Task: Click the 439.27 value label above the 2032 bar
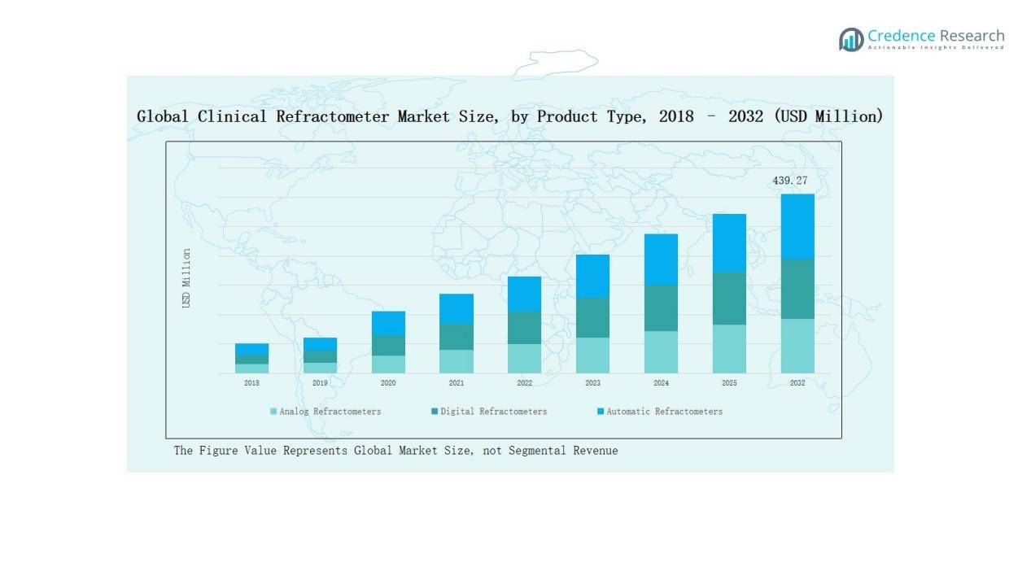click(789, 181)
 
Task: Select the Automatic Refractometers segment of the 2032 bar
click(797, 226)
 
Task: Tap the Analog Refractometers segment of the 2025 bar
click(729, 349)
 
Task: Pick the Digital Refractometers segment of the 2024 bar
click(661, 307)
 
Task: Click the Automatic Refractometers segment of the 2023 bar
click(592, 276)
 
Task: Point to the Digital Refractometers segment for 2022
click(524, 327)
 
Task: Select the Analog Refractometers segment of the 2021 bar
click(457, 361)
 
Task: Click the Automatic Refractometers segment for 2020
click(388, 323)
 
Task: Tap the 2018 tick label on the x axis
click(252, 383)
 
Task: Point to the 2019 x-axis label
click(320, 383)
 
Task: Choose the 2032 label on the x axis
click(797, 383)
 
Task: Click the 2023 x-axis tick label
click(592, 383)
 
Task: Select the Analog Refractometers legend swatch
click(273, 412)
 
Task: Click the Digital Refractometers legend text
click(494, 412)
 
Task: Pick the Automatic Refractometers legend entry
click(664, 412)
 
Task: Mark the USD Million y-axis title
click(186, 278)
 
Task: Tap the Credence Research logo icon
click(851, 39)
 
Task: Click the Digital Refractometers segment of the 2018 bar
click(252, 359)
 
